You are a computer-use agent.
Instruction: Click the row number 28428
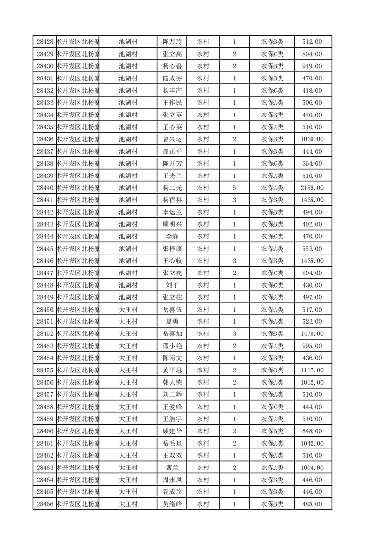(45, 42)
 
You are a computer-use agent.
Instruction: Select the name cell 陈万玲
(172, 42)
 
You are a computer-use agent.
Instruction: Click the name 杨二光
(172, 188)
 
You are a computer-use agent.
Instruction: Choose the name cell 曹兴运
(172, 139)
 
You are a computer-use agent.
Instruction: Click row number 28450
(45, 310)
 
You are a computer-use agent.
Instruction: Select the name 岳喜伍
(172, 310)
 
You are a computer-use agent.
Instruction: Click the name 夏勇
(172, 322)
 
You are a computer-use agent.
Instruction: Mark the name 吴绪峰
(172, 504)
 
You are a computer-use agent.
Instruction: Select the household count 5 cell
(234, 188)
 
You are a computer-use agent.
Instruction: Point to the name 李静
(172, 236)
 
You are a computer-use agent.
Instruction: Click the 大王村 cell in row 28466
(129, 504)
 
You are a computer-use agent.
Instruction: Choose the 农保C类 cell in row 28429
(273, 54)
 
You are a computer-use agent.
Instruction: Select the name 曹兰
(172, 468)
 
